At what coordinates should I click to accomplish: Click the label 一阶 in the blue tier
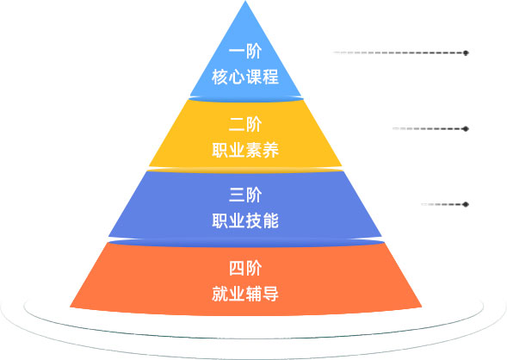pos(245,52)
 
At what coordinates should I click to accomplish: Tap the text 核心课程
pos(245,77)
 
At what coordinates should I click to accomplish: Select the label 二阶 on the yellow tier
pos(245,125)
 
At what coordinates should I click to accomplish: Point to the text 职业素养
pos(245,150)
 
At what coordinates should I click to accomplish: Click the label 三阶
pos(245,195)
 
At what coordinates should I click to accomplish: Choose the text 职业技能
pos(245,221)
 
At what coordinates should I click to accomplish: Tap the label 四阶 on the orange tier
pos(245,269)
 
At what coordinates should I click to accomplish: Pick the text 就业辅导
pos(245,294)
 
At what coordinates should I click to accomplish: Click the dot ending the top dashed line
pos(466,53)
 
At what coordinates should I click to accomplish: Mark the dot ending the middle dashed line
pos(466,128)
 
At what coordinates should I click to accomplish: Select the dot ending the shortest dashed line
pos(466,204)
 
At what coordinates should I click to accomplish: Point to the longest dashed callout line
pos(399,53)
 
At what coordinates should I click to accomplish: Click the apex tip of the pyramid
pos(245,1)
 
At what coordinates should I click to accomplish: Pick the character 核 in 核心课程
pos(220,77)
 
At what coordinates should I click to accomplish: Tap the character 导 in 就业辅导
pos(270,294)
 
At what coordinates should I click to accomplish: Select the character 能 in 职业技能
pos(270,221)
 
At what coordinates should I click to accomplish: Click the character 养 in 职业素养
pos(270,150)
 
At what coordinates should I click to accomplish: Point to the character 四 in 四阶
pos(237,269)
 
